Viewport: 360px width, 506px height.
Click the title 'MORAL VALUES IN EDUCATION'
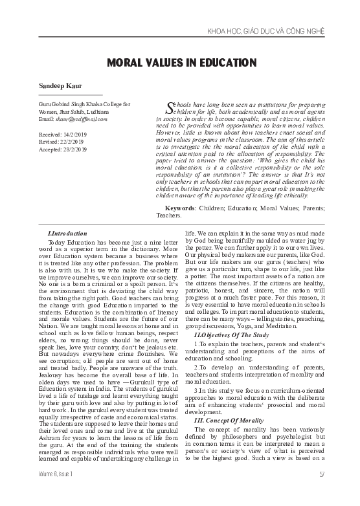coord(180,63)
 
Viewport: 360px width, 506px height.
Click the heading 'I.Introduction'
coord(67,232)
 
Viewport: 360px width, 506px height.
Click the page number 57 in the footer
coord(339,492)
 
